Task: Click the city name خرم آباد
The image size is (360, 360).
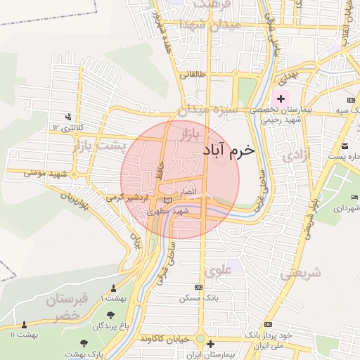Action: [x=229, y=150]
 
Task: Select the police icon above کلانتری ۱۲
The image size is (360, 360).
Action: [x=68, y=117]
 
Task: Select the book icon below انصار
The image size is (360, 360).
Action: [x=167, y=201]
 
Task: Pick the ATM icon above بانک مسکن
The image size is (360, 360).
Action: [x=198, y=287]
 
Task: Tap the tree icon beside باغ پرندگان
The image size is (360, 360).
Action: [x=84, y=326]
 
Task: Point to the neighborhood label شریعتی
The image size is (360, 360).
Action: [x=301, y=274]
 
